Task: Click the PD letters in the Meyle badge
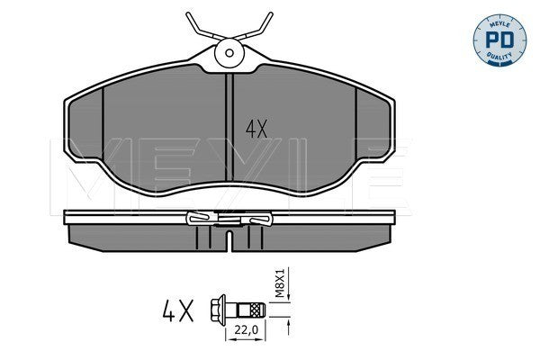499,40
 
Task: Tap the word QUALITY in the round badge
499,56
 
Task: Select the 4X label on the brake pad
256,130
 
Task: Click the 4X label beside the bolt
177,310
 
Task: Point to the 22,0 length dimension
246,330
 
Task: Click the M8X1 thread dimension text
280,283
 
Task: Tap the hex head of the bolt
218,310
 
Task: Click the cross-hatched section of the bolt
257,310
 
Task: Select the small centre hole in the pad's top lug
229,53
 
